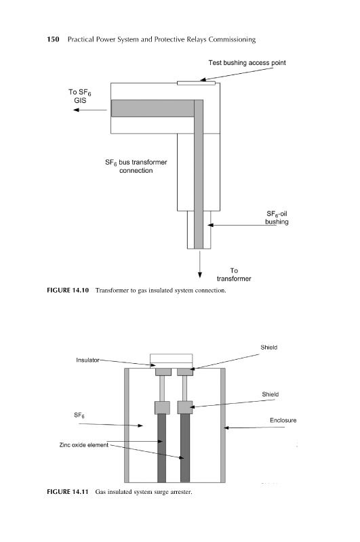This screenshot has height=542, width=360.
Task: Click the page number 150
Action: (53, 39)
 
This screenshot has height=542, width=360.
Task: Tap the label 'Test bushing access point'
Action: (247, 62)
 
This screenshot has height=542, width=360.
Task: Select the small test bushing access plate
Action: (196, 83)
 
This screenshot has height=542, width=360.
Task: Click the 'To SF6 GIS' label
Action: (80, 96)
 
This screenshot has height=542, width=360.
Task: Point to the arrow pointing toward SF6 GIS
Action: (90, 110)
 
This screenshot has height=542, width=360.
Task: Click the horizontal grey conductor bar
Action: (153, 108)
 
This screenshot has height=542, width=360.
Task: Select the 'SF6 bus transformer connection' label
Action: (136, 166)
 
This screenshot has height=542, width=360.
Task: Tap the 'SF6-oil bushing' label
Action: (277, 217)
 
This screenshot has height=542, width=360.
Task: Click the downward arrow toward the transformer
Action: (199, 264)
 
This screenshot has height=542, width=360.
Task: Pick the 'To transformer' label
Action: (234, 274)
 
